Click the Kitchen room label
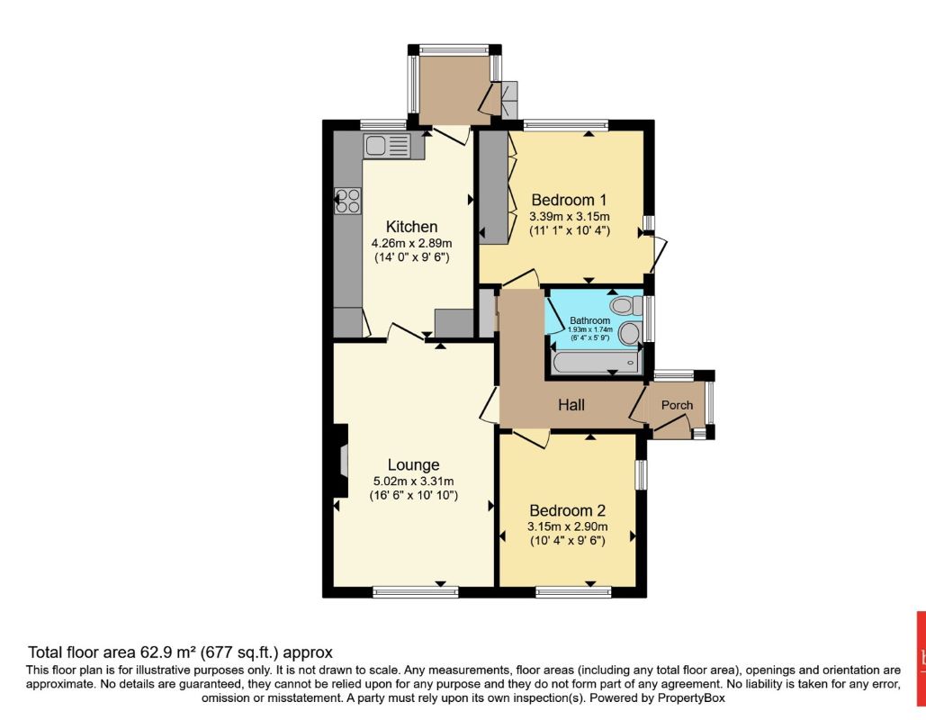pos(411,227)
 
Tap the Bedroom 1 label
pos(569,200)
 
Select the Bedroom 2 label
pos(568,510)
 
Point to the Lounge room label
pos(413,465)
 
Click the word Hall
pos(571,405)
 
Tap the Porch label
pos(677,405)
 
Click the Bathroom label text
pos(590,320)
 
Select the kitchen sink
pos(387,145)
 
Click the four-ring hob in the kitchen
pos(348,200)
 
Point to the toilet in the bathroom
pos(626,305)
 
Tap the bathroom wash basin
pos(630,334)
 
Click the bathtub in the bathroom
pos(596,363)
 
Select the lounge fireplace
pos(341,461)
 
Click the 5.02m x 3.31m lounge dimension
pos(413,481)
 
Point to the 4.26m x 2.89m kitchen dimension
pos(411,243)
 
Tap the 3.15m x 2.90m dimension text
pos(568,526)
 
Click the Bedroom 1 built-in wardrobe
pos(494,187)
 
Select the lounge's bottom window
pos(416,592)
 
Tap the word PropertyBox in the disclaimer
pos(691,698)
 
